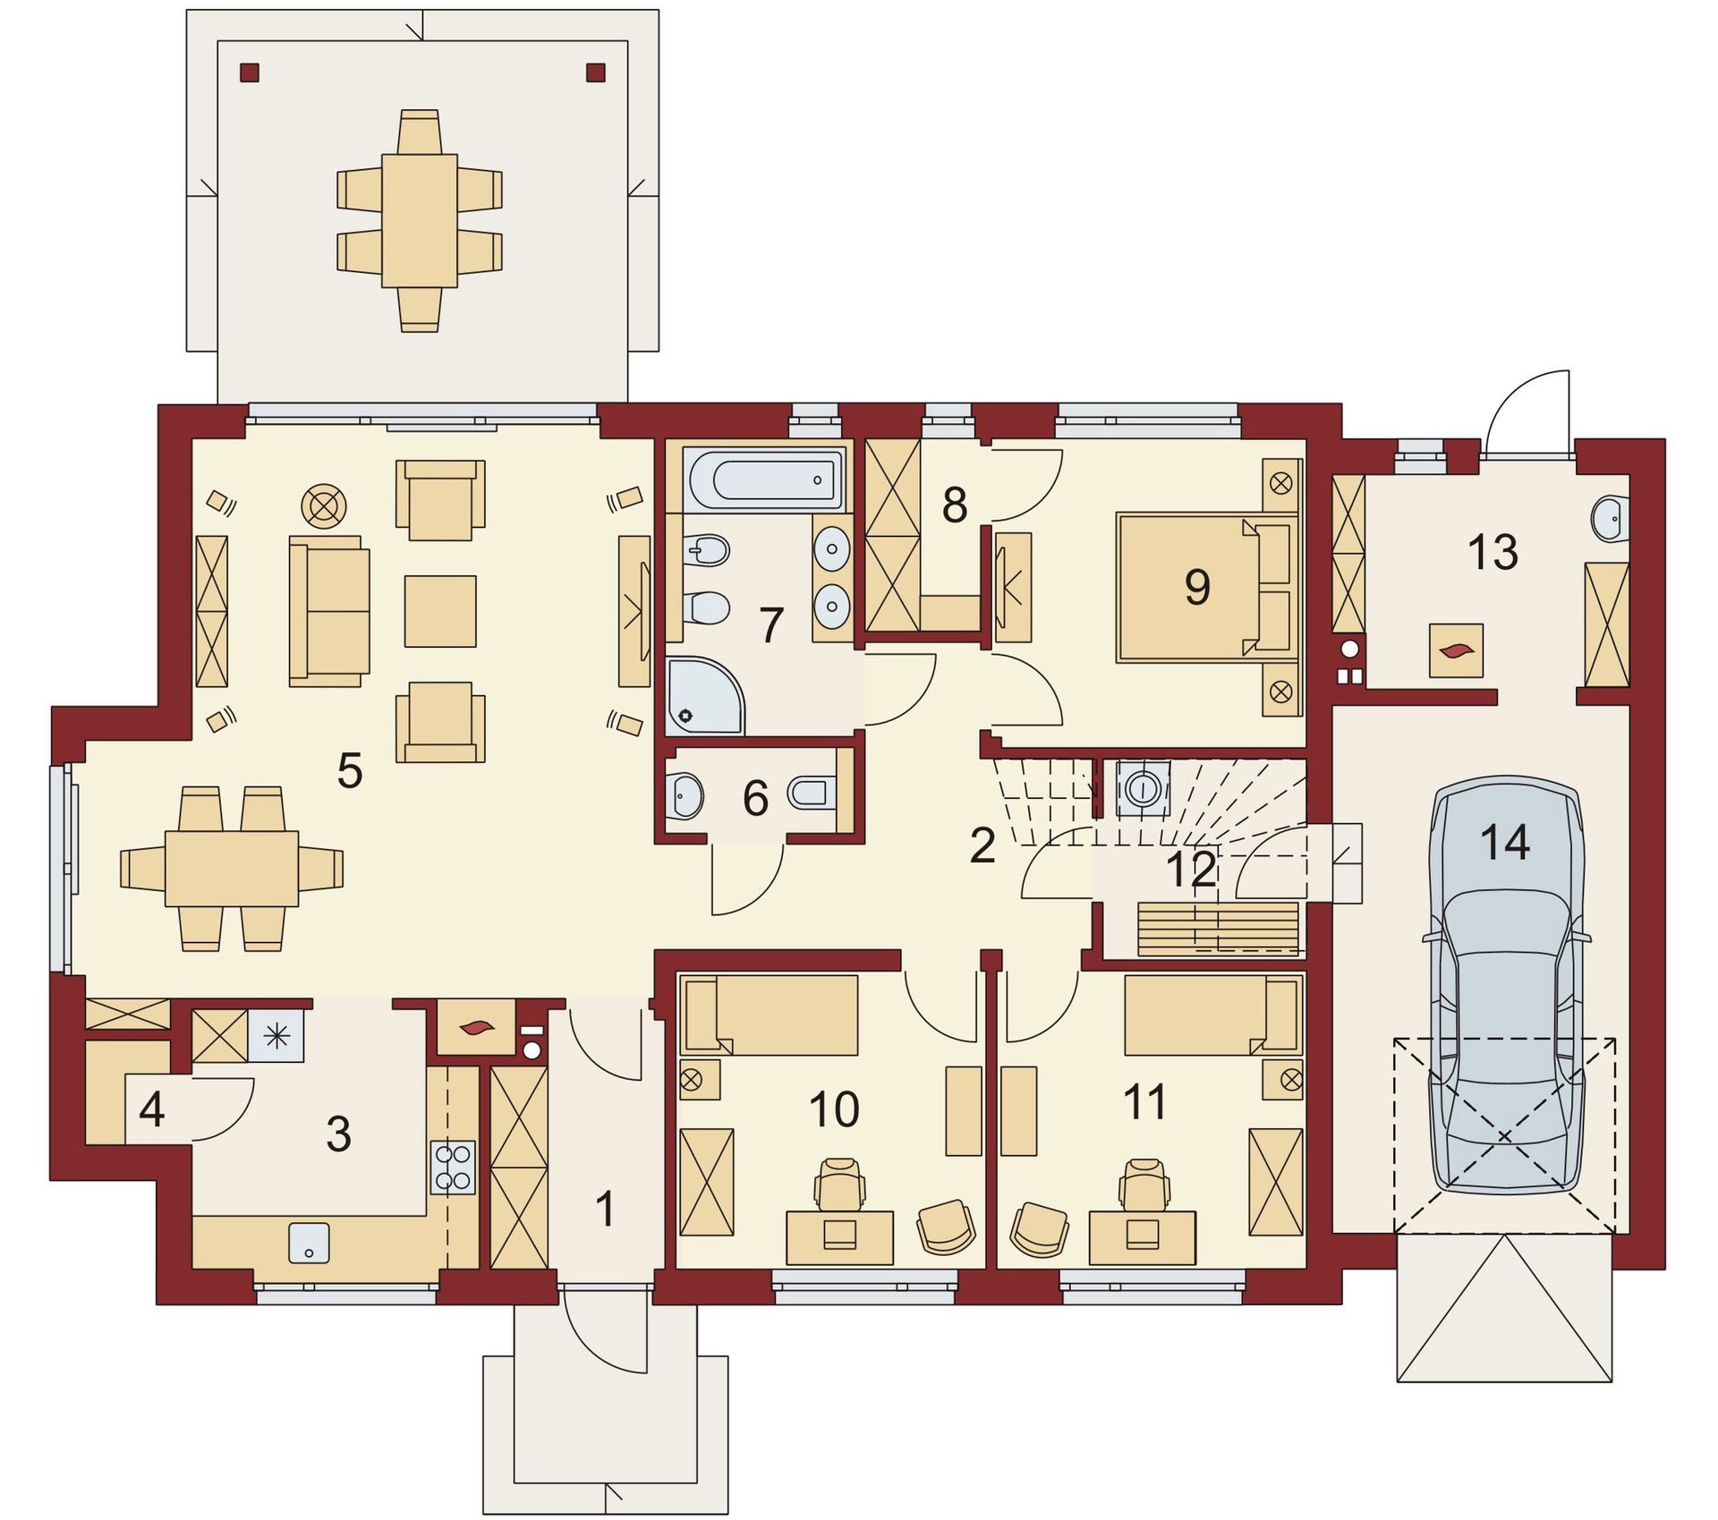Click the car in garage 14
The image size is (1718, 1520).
coord(1507,984)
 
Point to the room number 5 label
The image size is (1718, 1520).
coord(350,770)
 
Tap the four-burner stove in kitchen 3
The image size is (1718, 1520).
coord(453,1168)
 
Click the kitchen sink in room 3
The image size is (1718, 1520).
coord(309,1243)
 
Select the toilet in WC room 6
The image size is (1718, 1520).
coord(812,792)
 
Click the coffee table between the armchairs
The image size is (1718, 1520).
coord(440,611)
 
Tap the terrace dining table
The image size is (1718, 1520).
coord(419,221)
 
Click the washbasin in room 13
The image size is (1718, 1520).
coord(1611,519)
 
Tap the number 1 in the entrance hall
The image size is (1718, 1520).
coord(605,1209)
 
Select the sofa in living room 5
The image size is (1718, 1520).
coord(329,611)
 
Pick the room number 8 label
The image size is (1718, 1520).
coord(955,505)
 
